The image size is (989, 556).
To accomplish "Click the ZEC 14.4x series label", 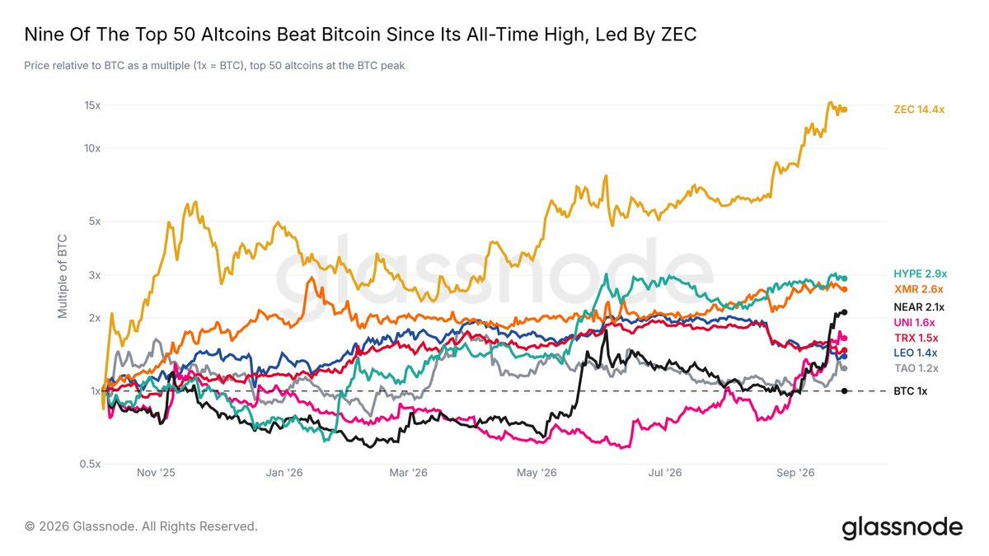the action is (x=919, y=110).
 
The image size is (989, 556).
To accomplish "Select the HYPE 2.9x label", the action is (x=920, y=273).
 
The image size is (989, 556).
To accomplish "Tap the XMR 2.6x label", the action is (x=919, y=289).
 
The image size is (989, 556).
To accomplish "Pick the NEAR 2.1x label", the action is (x=919, y=307).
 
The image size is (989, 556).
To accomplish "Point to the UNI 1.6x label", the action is (x=914, y=323).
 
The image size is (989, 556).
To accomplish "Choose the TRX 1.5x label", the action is (x=916, y=338).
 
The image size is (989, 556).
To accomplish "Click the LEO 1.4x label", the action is (x=916, y=353).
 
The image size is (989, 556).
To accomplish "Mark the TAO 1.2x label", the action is (x=916, y=368).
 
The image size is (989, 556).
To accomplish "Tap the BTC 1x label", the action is (x=911, y=391).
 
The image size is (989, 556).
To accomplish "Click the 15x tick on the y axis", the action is (x=92, y=105).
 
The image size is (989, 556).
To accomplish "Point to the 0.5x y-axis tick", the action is (x=90, y=464).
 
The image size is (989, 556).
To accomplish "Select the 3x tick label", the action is (x=95, y=275).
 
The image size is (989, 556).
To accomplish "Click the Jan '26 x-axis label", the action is (x=284, y=473).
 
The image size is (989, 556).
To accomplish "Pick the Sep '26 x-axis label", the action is (x=795, y=473).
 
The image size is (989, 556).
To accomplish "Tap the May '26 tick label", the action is (x=537, y=473).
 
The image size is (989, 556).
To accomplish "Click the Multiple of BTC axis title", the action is (x=63, y=277).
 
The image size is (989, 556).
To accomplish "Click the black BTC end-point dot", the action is (x=845, y=391).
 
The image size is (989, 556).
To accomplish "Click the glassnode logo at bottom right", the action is (x=902, y=528).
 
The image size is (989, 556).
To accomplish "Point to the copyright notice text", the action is (x=141, y=526).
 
